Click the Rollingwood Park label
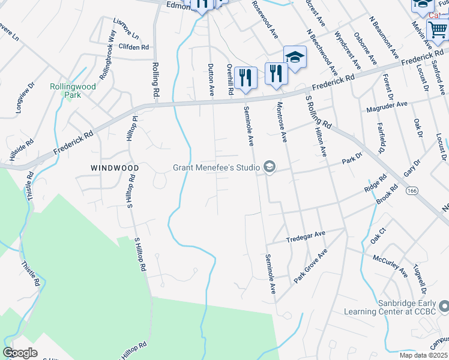coord(73,91)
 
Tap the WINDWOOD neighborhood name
coord(115,168)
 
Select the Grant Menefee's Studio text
coord(215,167)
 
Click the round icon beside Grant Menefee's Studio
coord(269,167)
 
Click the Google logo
coord(20,353)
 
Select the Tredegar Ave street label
coord(306,233)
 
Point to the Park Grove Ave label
coord(310,267)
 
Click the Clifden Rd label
coord(133,47)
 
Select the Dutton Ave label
coord(211,80)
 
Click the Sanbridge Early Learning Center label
coord(396,307)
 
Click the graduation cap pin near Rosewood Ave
coord(295,57)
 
